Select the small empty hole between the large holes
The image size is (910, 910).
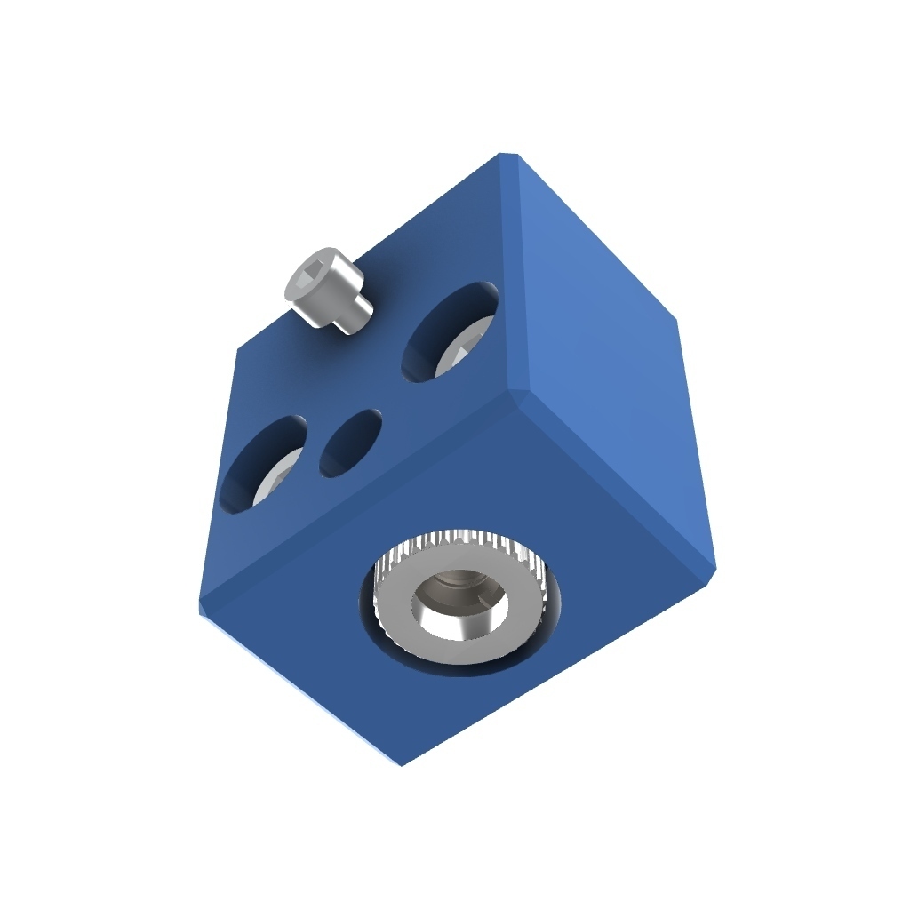[x=350, y=443]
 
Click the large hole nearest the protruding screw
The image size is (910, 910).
[x=450, y=332]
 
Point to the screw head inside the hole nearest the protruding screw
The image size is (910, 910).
[x=463, y=350]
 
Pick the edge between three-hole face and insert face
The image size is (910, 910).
[x=355, y=498]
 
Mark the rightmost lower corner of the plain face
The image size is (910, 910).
[x=714, y=569]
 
